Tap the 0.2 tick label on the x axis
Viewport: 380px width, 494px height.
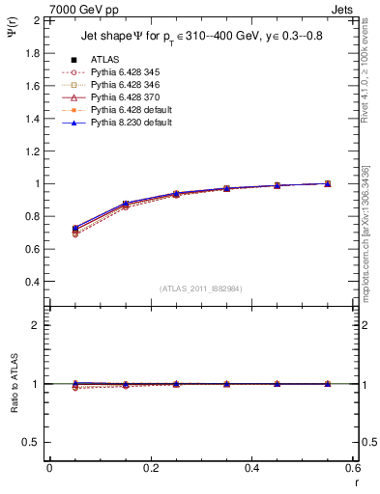tap(150, 468)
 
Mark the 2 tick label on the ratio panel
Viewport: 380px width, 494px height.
tap(36, 325)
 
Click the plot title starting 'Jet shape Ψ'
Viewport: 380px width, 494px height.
tap(197, 38)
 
